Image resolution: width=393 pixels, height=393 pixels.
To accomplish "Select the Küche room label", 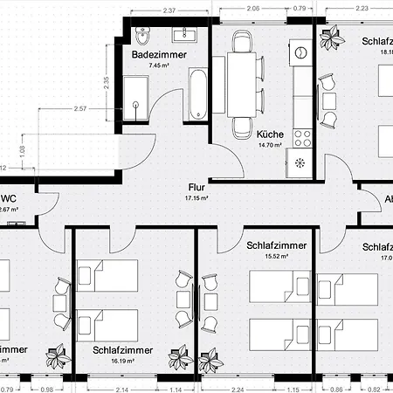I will click(x=269, y=134).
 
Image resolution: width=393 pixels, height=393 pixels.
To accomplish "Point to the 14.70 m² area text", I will click(x=269, y=145).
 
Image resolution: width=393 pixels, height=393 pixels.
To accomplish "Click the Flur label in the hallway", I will click(x=196, y=187).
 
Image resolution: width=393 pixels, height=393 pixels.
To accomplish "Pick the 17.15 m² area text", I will click(x=196, y=198).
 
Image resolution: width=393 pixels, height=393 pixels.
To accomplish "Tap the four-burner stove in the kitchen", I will click(x=304, y=137).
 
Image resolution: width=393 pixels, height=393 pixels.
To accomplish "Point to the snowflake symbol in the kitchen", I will click(x=302, y=162).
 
